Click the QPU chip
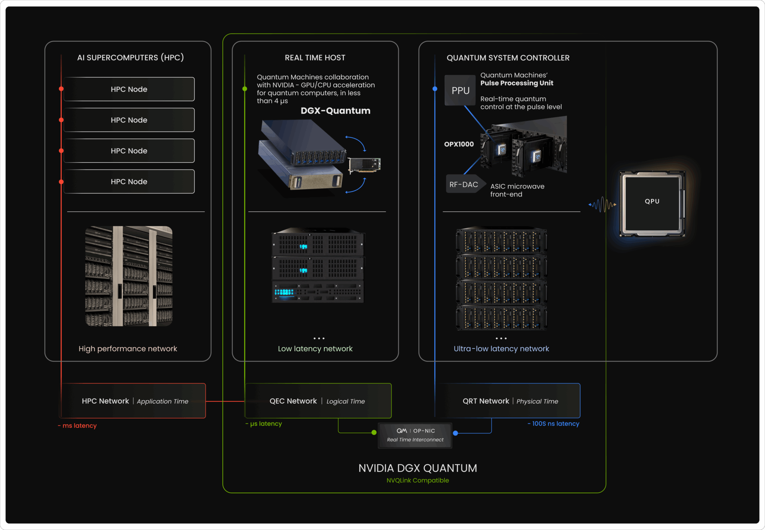(652, 204)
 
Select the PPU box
(460, 90)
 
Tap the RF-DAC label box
(464, 184)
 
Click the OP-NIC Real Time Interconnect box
(415, 435)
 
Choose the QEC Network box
(318, 401)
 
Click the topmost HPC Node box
(129, 89)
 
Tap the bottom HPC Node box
(129, 182)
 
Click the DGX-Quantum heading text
(335, 111)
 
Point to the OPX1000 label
(459, 144)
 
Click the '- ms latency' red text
(77, 425)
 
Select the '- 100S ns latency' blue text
(553, 424)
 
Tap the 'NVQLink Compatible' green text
(418, 480)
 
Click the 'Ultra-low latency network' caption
(501, 348)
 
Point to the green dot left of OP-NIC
(374, 433)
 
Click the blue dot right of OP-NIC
(455, 433)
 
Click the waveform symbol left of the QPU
(602, 205)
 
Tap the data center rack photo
(129, 276)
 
